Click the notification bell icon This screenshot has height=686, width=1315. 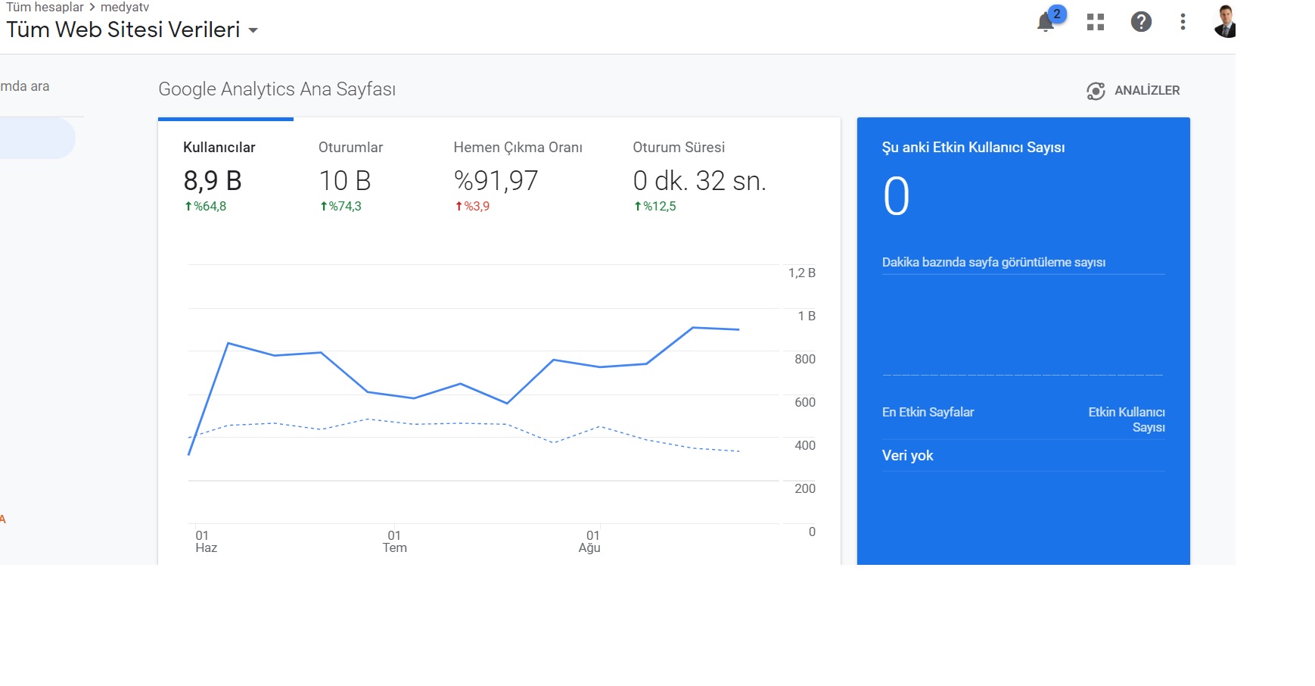[1046, 22]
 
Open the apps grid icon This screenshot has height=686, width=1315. [1096, 22]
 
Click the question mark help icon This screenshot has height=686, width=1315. [1141, 22]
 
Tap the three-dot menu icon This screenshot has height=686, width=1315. [1183, 22]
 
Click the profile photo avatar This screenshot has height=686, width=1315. [1225, 21]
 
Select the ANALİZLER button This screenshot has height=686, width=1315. [1133, 91]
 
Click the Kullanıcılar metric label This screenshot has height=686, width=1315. [219, 148]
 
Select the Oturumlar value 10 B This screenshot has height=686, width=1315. [345, 181]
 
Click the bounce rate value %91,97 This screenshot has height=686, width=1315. [496, 181]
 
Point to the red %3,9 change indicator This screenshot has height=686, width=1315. [472, 206]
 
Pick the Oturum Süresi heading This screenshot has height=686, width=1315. [679, 148]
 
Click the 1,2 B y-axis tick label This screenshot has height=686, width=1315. [802, 273]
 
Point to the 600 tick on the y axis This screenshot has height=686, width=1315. [805, 402]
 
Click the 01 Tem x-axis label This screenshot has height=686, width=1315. [394, 541]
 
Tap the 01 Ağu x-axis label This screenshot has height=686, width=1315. [590, 541]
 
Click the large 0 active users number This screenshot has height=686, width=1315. [897, 197]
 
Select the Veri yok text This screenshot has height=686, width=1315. [908, 456]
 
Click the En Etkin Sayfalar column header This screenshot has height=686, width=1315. [928, 412]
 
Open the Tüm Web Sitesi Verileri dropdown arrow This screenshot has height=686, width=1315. [253, 31]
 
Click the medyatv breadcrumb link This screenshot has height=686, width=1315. [125, 8]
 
